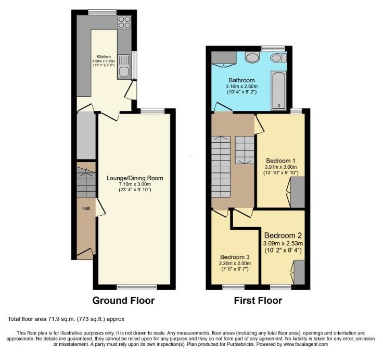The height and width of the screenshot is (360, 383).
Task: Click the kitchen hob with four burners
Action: (124, 22)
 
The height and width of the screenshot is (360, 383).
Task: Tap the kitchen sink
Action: (124, 69)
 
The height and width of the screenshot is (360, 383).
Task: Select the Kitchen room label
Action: (104, 57)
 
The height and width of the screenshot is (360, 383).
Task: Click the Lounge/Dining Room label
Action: (135, 178)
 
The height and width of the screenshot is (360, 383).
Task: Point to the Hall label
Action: (86, 208)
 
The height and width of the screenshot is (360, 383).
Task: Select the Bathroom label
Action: (241, 80)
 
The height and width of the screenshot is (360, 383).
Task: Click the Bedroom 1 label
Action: (281, 160)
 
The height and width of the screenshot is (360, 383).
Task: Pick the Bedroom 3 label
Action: (235, 257)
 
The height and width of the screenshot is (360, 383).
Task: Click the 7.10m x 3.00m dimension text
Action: (135, 184)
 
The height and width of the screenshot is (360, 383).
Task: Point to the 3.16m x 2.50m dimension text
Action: (241, 86)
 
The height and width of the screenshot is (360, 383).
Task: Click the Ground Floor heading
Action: (123, 301)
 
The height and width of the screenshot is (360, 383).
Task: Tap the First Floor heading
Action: (259, 301)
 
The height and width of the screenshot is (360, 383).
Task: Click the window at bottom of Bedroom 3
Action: (234, 286)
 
